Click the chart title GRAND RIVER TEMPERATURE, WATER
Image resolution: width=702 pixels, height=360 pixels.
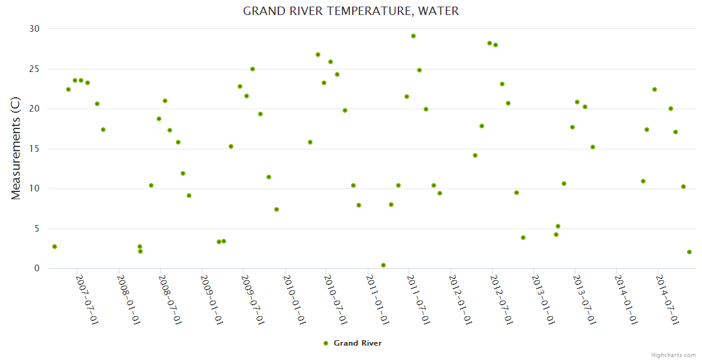(x=350, y=11)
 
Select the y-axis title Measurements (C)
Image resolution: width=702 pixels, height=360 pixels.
(x=16, y=149)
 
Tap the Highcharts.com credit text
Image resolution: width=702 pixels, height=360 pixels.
(x=674, y=355)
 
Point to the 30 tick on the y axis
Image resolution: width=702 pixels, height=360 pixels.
(x=34, y=29)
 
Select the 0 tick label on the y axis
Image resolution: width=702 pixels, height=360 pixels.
(x=37, y=269)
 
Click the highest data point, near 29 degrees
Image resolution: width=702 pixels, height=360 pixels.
(x=413, y=36)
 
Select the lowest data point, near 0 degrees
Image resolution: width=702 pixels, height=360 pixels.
(x=383, y=265)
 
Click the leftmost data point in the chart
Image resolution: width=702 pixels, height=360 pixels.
(x=55, y=247)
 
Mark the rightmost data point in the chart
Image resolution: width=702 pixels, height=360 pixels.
(x=689, y=252)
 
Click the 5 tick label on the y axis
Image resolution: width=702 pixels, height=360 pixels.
(x=37, y=229)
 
